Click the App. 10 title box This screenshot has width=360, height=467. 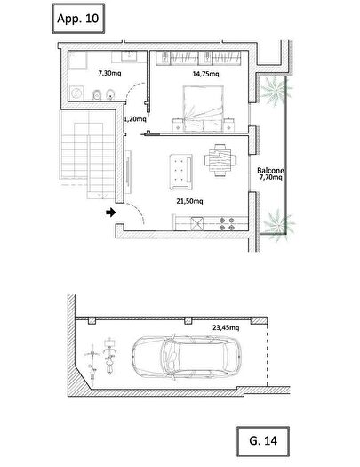[x=78, y=19]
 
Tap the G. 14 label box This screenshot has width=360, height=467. [x=263, y=441]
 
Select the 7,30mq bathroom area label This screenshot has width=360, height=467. [x=110, y=73]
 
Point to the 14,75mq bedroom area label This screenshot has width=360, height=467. [x=205, y=74]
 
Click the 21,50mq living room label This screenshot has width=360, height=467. [x=189, y=201]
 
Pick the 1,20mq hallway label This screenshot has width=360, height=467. [x=135, y=119]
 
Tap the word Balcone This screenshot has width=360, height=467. [x=270, y=171]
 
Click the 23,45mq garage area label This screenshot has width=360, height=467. [x=226, y=327]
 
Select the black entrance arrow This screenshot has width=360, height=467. [x=111, y=213]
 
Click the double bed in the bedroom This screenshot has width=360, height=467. [x=204, y=109]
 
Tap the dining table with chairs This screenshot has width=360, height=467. [x=220, y=160]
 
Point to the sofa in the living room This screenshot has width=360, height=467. [x=181, y=172]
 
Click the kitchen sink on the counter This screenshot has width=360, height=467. [x=197, y=223]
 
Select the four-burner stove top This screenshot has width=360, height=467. [x=227, y=224]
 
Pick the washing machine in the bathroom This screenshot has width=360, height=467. [x=76, y=93]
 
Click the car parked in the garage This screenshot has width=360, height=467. [x=187, y=357]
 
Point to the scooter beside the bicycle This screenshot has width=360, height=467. [x=109, y=356]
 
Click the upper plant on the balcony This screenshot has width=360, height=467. [x=276, y=89]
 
